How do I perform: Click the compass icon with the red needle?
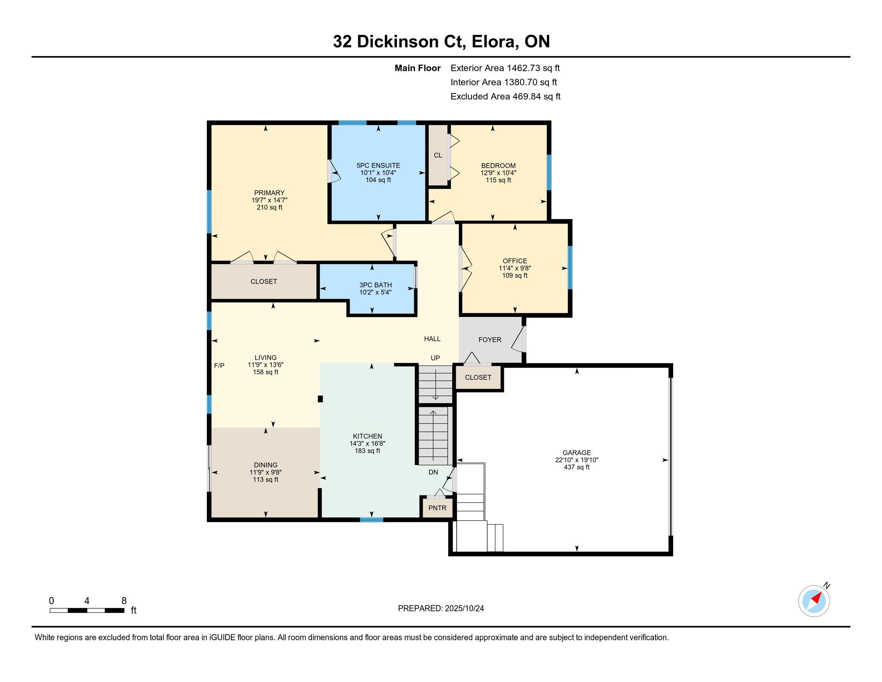814,601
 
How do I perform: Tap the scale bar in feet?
87,611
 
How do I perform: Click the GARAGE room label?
577,453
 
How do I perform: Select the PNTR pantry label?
437,508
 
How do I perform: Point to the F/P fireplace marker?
219,365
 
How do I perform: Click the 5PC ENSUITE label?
378,166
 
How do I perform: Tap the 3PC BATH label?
376,285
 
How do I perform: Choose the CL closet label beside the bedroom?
438,156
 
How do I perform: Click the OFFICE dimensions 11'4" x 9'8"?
515,268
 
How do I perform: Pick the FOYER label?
490,340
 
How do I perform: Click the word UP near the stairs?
435,358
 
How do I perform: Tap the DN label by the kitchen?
433,472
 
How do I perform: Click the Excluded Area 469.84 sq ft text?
506,97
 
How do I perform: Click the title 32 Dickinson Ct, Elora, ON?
441,42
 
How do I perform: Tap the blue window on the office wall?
570,268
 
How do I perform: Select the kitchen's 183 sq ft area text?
368,451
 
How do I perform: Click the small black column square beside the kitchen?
320,399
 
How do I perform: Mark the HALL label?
432,339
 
